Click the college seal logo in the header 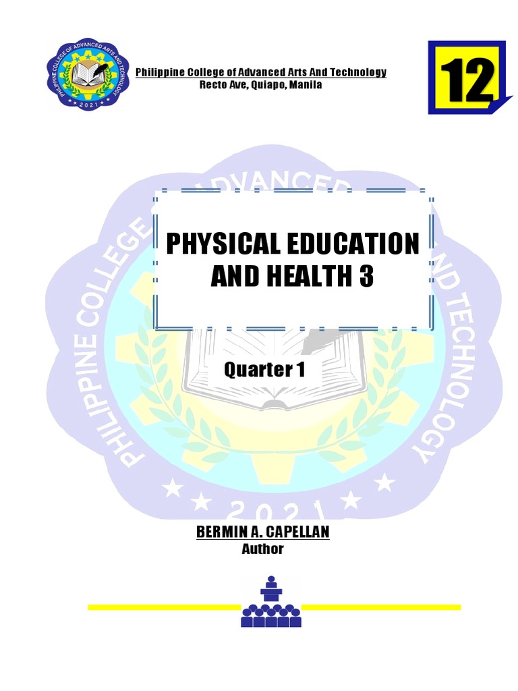88,74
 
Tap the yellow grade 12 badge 467,77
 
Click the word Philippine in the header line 157,73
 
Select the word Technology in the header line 360,73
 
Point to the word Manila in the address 306,84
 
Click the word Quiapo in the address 269,84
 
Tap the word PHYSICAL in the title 222,244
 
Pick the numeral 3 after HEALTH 366,277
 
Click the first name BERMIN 219,532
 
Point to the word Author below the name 262,549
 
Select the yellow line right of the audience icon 382,607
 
